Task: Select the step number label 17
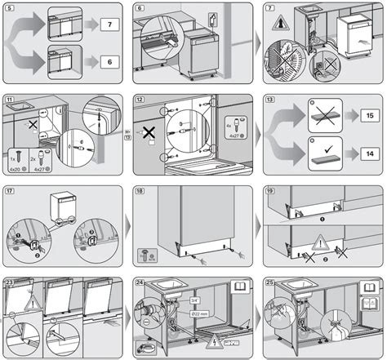(10, 193)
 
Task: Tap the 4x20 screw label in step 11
(16, 171)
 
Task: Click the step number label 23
(10, 283)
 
